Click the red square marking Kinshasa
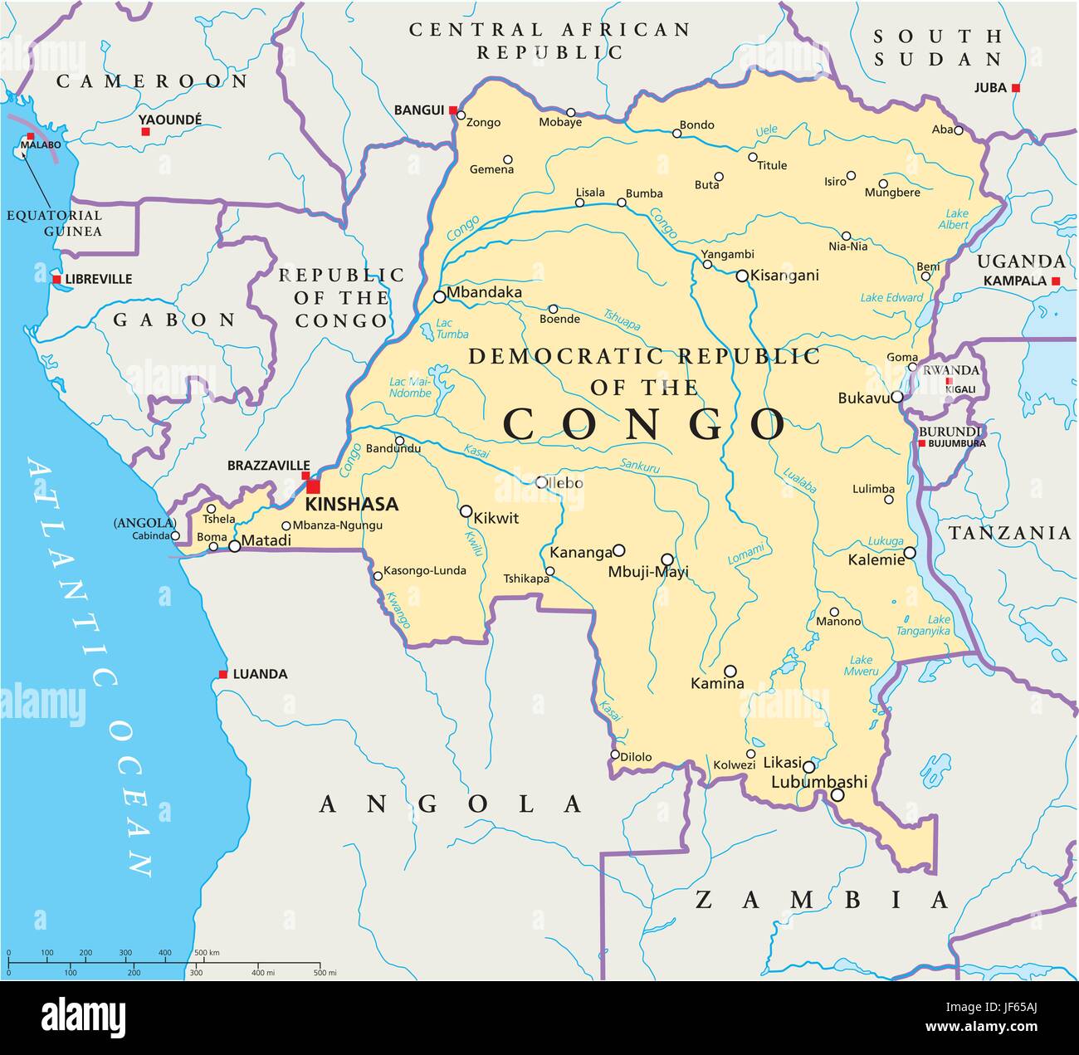click(x=313, y=486)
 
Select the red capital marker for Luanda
click(x=222, y=674)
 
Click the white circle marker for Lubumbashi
click(x=837, y=795)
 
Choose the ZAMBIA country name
click(x=822, y=900)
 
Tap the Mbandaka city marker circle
click(x=439, y=296)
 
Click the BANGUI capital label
click(x=419, y=110)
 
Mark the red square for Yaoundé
click(x=145, y=132)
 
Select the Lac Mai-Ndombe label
click(x=411, y=387)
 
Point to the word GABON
click(x=174, y=320)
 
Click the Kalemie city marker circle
click(x=910, y=553)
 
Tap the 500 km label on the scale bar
click(x=207, y=953)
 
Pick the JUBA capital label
click(x=990, y=87)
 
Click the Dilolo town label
click(x=636, y=757)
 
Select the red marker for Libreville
click(x=56, y=280)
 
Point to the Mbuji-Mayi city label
click(x=648, y=572)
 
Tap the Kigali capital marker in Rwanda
click(x=950, y=382)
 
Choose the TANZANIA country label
click(x=1009, y=533)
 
